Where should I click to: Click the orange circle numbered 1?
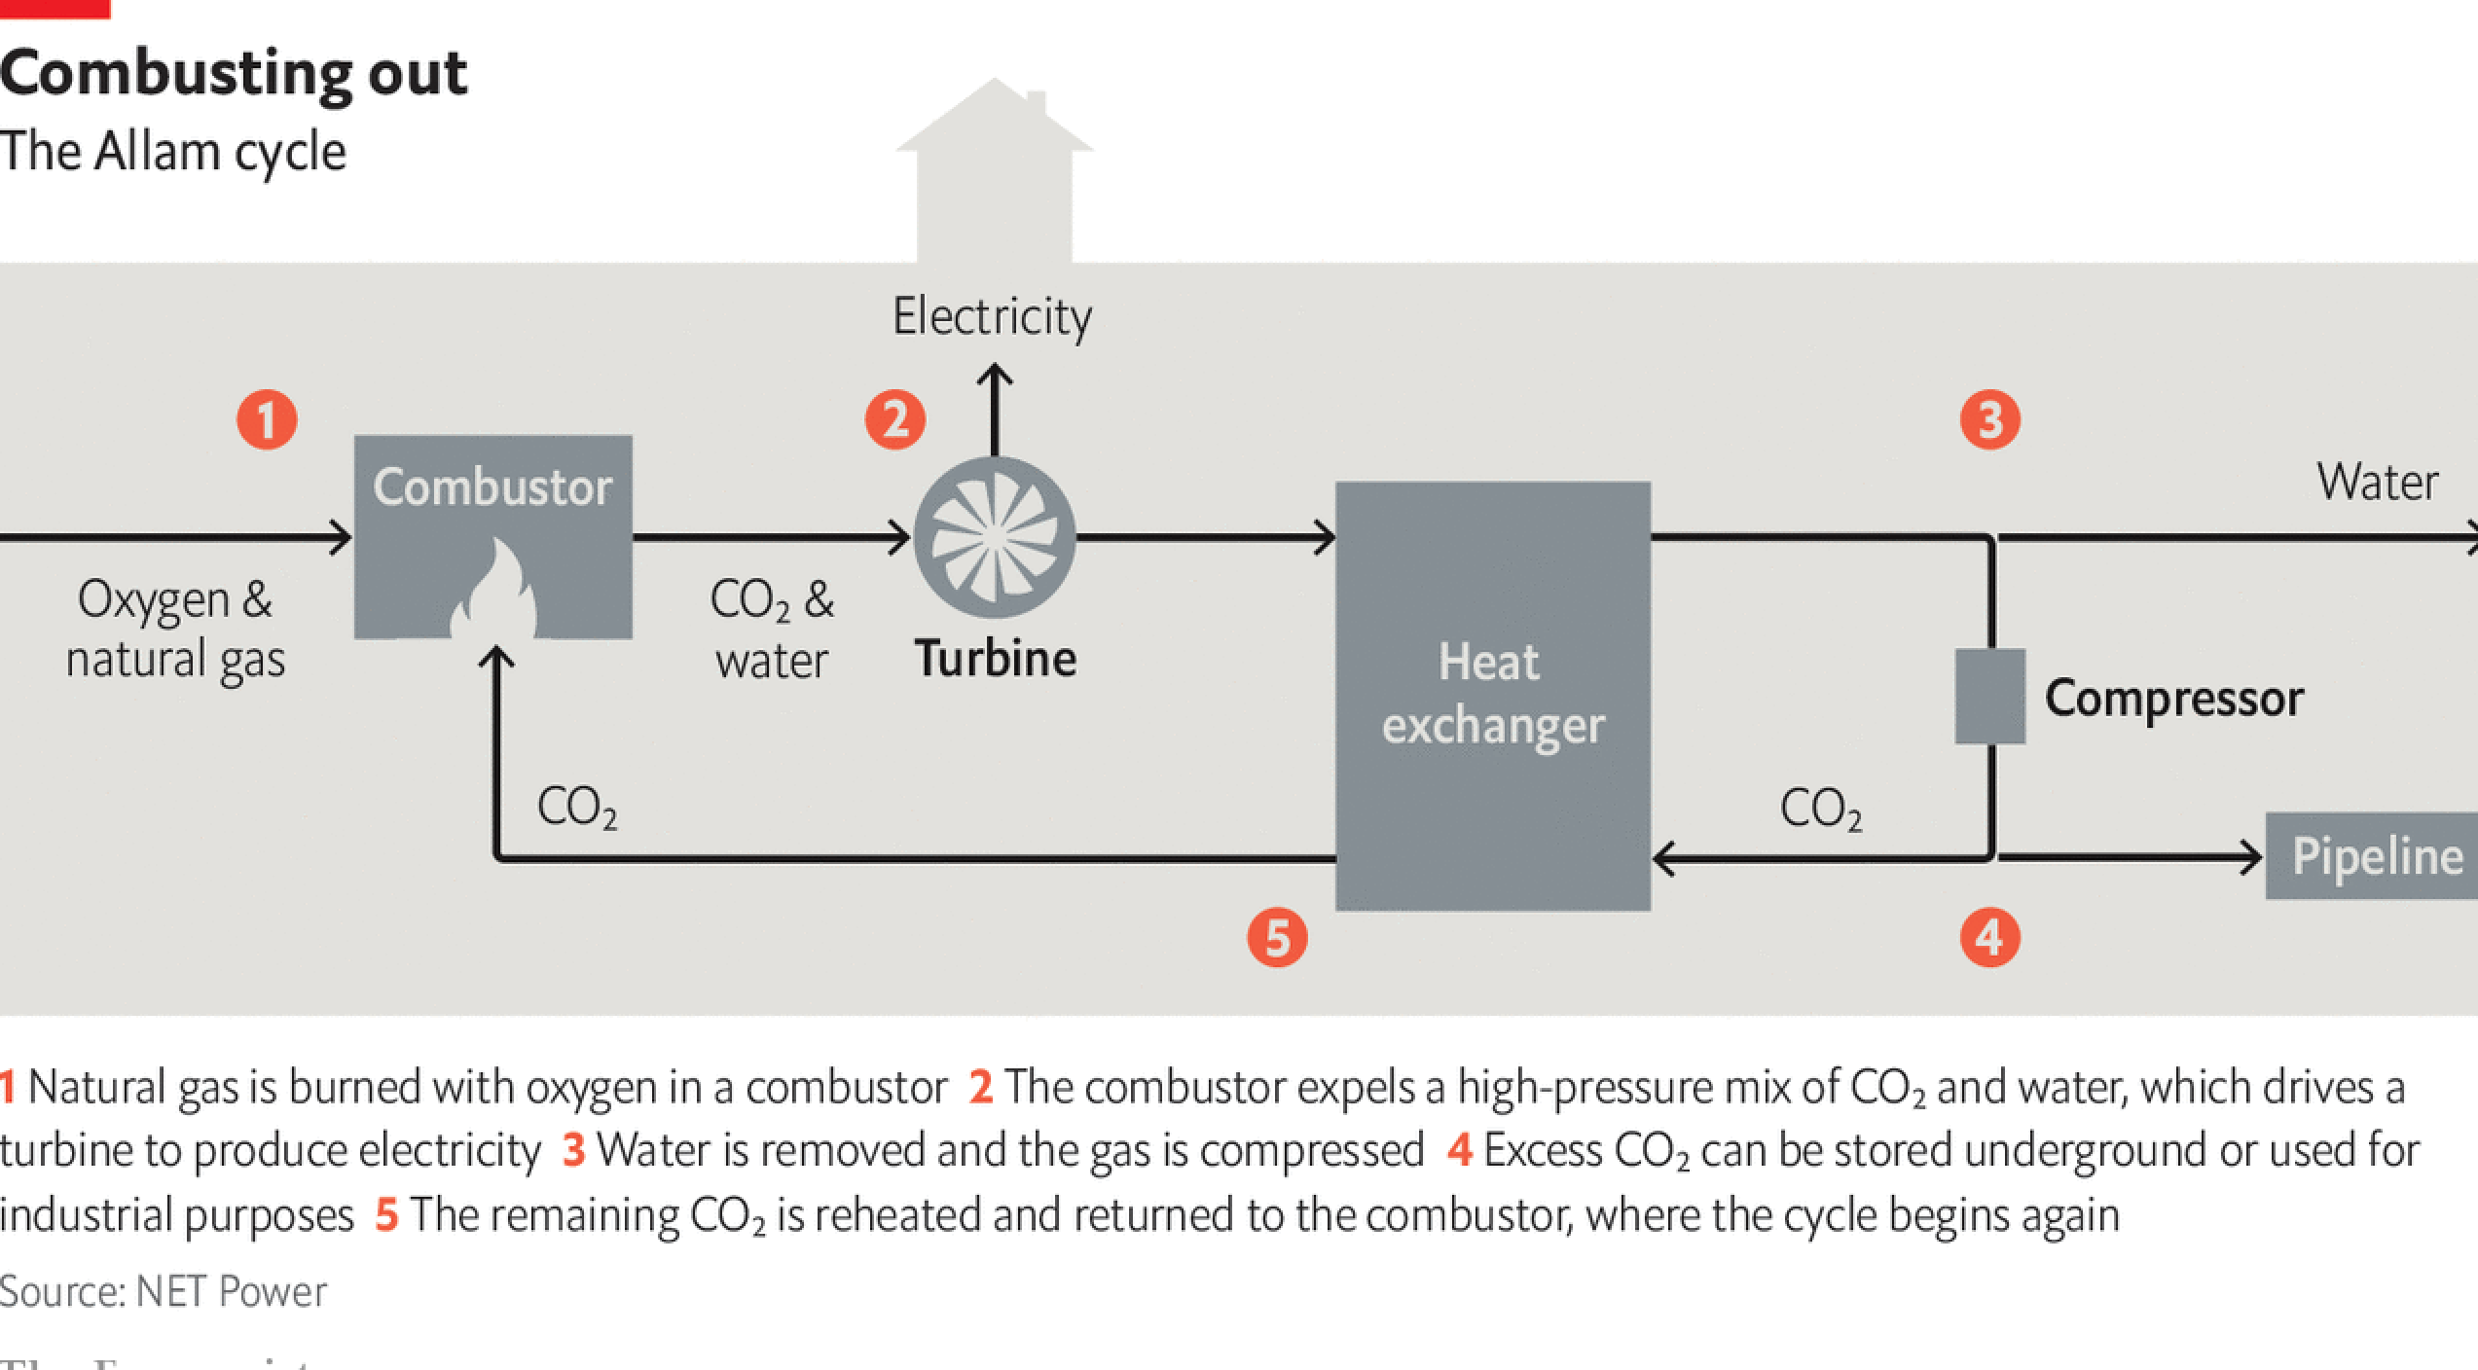click(267, 420)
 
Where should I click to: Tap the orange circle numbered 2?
click(894, 420)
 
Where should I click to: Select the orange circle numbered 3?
click(1989, 420)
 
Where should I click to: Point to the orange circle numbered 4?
click(1989, 937)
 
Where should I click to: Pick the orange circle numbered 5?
click(1277, 937)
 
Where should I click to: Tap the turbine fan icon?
click(995, 537)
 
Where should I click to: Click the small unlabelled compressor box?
click(1990, 697)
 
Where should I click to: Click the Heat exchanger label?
click(1491, 694)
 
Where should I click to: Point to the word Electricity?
click(992, 316)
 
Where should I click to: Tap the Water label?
click(2377, 482)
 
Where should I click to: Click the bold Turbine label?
click(995, 659)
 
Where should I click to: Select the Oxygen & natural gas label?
click(175, 629)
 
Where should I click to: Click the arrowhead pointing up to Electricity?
click(994, 374)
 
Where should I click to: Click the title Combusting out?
click(234, 73)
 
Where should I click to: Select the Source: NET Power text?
click(164, 1291)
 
